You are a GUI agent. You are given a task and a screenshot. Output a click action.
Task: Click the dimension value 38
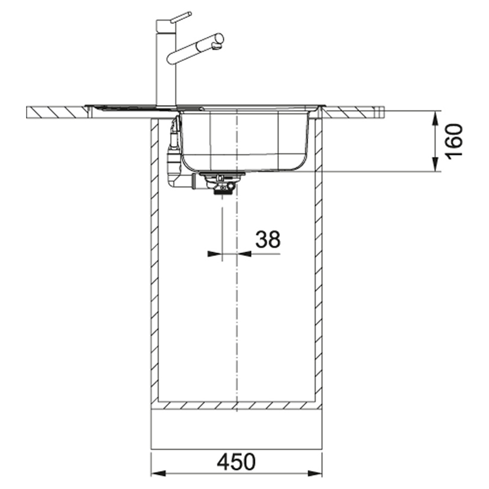pos(268,240)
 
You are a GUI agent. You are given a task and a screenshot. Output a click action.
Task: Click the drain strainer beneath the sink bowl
pos(222,183)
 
